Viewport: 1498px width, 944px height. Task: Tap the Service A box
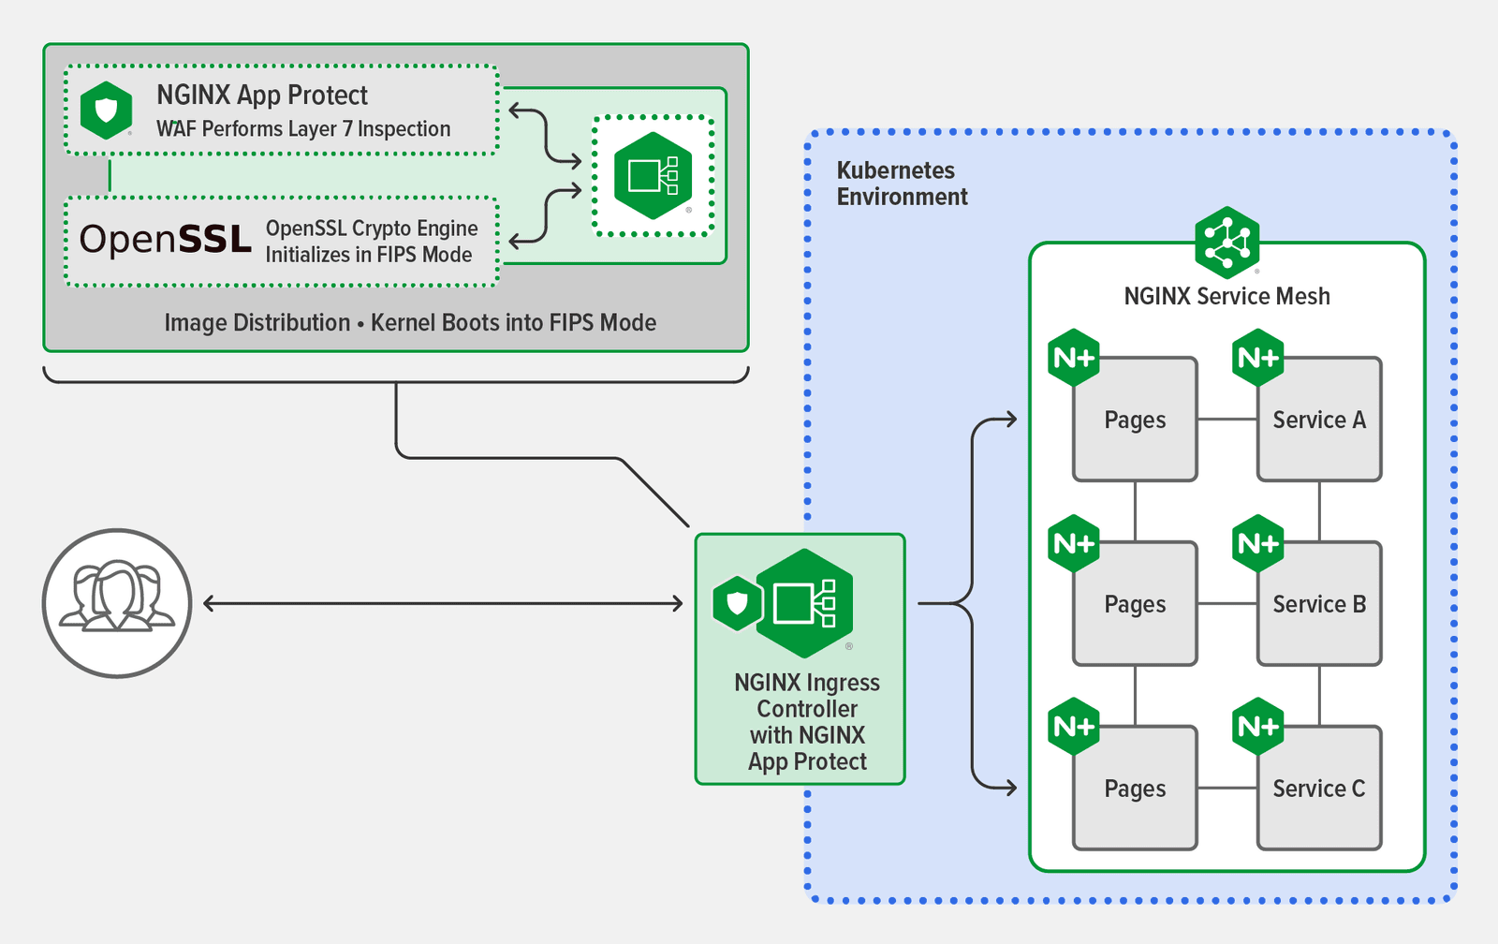[x=1319, y=420]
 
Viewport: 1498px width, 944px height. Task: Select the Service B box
[x=1319, y=604]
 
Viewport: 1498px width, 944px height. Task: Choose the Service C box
[x=1319, y=789]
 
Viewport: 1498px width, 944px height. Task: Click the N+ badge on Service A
[x=1257, y=358]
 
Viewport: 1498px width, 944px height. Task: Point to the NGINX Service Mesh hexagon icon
[x=1226, y=243]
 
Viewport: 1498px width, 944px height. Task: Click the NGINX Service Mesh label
[x=1226, y=296]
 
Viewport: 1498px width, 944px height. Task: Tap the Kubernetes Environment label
[x=901, y=184]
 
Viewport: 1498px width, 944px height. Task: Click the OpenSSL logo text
[x=166, y=240]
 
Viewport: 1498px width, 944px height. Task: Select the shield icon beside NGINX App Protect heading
[x=106, y=111]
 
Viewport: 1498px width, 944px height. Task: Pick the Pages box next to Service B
[x=1135, y=604]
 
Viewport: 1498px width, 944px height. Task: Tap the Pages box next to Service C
[x=1135, y=789]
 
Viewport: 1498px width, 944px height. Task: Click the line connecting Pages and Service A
[x=1226, y=419]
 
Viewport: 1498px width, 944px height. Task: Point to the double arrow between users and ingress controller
[x=443, y=603]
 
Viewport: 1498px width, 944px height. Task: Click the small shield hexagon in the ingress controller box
[x=738, y=603]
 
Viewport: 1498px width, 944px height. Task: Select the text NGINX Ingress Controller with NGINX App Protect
[x=807, y=722]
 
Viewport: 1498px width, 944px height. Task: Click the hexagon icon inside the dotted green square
[x=653, y=176]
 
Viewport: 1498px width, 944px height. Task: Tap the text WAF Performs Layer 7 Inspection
[x=303, y=129]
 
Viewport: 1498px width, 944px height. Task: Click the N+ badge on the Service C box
[x=1257, y=727]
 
